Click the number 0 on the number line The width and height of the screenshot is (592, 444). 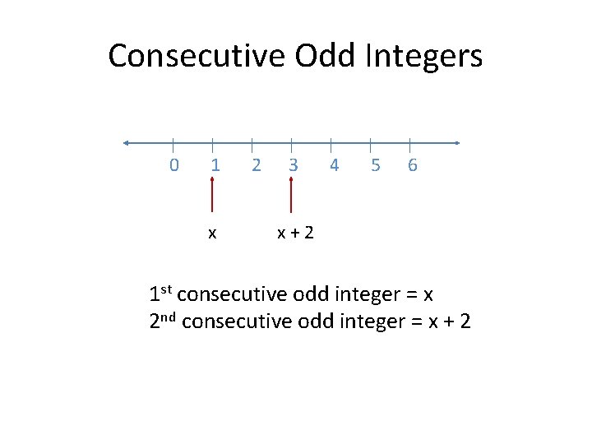173,165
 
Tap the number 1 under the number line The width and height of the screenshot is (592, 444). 215,165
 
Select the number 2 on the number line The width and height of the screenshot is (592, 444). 256,165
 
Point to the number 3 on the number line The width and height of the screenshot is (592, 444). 293,165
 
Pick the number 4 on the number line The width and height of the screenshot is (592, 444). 333,165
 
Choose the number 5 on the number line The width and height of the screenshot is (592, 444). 375,165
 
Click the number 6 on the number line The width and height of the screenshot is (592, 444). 412,165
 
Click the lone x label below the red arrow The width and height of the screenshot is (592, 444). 212,234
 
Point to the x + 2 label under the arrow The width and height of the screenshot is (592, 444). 295,234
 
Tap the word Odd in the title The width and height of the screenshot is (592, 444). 316,56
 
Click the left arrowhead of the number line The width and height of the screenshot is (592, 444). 127,143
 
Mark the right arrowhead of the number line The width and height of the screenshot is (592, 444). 456,143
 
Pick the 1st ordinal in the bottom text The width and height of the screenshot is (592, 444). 161,294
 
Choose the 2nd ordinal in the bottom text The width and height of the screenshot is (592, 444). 164,321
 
